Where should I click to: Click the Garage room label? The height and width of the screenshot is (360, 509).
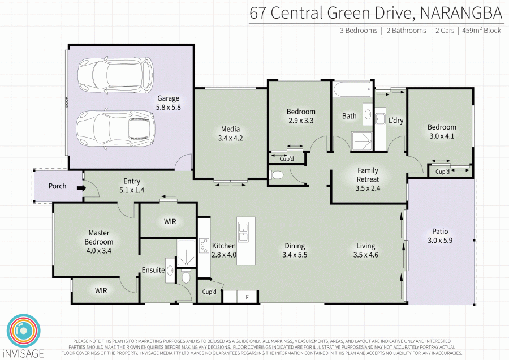pos(168,98)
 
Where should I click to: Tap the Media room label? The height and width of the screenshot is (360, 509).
pos(230,129)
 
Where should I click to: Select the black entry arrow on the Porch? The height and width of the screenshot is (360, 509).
pos(81,188)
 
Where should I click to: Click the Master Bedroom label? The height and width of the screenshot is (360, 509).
pos(98,237)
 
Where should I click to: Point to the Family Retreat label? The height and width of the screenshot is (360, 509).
pos(368,175)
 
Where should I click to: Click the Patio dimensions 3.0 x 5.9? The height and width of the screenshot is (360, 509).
pos(440,241)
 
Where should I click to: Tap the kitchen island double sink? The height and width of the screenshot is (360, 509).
pos(243,232)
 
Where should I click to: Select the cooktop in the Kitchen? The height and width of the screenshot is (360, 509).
pos(204,245)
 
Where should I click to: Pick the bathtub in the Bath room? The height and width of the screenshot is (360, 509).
pos(352,89)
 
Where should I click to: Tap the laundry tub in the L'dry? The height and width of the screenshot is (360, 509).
pos(380,119)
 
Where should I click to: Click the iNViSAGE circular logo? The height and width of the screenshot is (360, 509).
pos(24,331)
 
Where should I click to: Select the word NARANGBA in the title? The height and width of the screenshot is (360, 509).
pos(461,13)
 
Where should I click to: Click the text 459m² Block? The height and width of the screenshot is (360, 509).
pos(481,31)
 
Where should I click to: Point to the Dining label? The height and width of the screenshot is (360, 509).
pos(295,246)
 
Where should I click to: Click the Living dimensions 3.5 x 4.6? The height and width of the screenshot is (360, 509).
pos(365,255)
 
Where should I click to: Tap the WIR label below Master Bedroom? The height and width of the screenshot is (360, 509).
pos(101,290)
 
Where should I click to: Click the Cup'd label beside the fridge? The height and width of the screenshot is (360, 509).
pos(209,292)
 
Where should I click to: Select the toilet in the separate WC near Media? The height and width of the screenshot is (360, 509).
pos(277,175)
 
